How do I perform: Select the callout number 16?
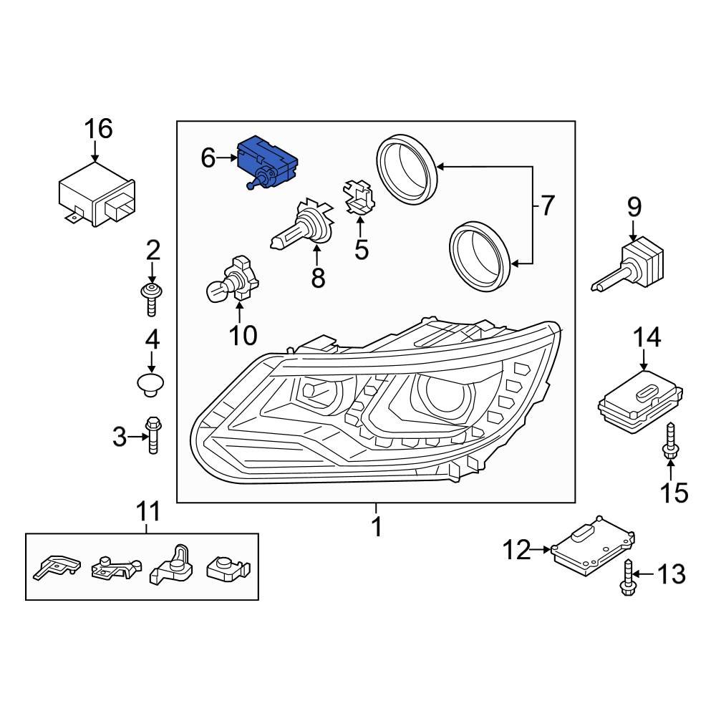[99, 130]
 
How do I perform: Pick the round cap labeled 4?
[150, 383]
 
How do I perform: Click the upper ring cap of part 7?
[407, 170]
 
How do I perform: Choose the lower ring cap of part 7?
[479, 256]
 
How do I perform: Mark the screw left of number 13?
[626, 576]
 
